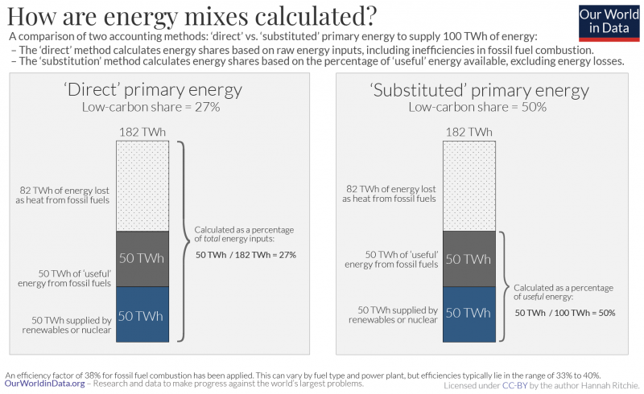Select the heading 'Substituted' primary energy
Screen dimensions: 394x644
pos(479,89)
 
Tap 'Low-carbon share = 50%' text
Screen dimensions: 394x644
pos(479,107)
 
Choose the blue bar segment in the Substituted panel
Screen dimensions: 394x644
pos(468,313)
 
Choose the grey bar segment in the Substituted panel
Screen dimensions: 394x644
pos(468,259)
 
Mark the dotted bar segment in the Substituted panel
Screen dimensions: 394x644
pos(468,186)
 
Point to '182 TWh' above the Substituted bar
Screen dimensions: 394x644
pos(468,132)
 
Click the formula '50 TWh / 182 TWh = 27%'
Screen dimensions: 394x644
pos(246,255)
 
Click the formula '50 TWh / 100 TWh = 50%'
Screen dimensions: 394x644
pos(564,312)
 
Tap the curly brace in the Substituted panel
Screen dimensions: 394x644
pos(504,286)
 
